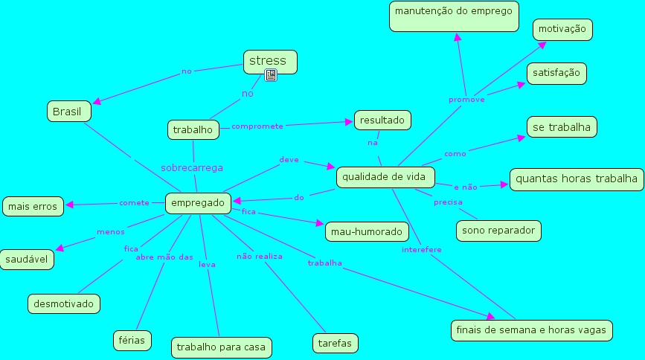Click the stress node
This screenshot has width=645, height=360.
270,61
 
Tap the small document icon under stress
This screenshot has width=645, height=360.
271,75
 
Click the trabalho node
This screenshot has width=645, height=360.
193,129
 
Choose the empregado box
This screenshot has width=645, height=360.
198,202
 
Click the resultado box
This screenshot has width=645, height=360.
382,119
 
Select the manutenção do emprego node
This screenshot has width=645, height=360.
454,16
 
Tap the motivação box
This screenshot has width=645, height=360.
562,30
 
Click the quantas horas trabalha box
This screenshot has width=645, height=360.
577,179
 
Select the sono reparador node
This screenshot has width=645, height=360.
498,231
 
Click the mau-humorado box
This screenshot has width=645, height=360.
366,231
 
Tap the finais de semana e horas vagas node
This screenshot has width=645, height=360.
532,330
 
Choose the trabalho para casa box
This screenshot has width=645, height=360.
221,347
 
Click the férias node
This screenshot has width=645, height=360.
133,340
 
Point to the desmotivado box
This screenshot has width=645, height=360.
64,303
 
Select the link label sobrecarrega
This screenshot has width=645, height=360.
192,168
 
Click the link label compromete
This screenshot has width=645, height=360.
257,126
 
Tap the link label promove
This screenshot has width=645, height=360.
466,99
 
